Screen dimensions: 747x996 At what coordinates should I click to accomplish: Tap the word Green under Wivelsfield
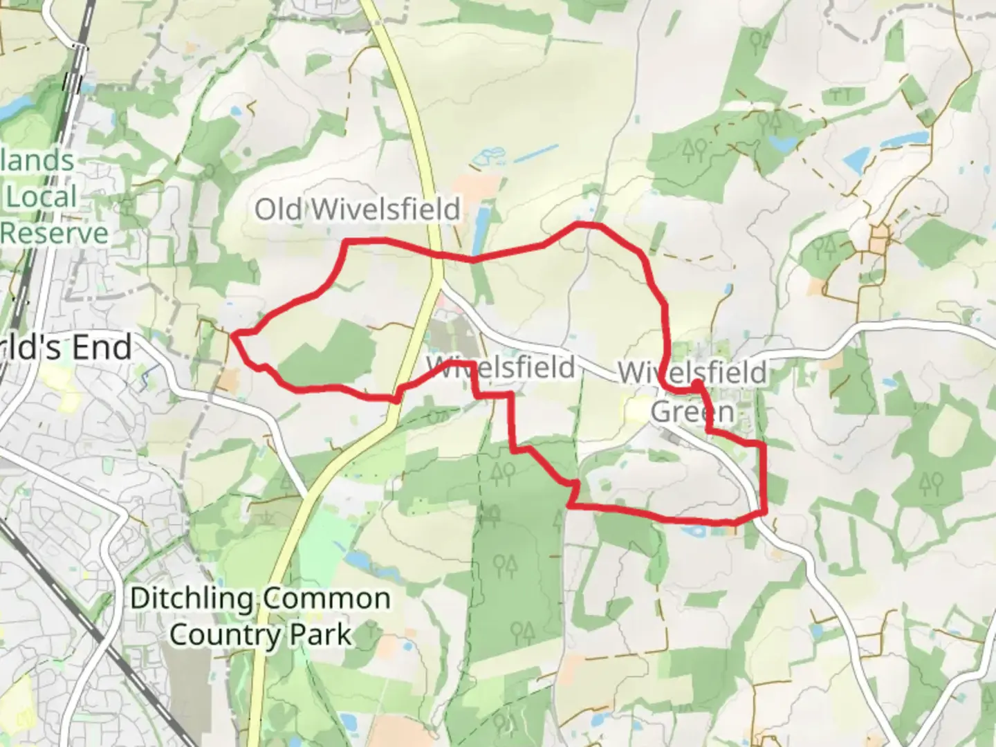692,412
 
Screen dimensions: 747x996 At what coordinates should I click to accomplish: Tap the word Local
41,197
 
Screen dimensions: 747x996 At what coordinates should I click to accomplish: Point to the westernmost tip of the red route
234,335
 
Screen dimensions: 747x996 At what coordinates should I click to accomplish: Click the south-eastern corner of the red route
764,513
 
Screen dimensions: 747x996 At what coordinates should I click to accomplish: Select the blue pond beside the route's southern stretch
694,531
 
